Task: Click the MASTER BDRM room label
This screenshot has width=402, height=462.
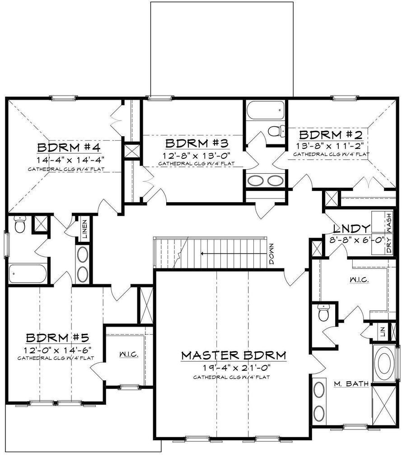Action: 234,355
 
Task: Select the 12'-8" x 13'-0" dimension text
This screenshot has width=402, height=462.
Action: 196,155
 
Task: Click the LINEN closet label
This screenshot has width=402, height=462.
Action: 84,229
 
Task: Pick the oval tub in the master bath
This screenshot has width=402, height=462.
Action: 384,364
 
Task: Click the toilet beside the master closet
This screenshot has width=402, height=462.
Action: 323,313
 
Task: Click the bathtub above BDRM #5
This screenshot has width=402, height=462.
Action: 28,273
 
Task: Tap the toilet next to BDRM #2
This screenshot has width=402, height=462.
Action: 275,131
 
